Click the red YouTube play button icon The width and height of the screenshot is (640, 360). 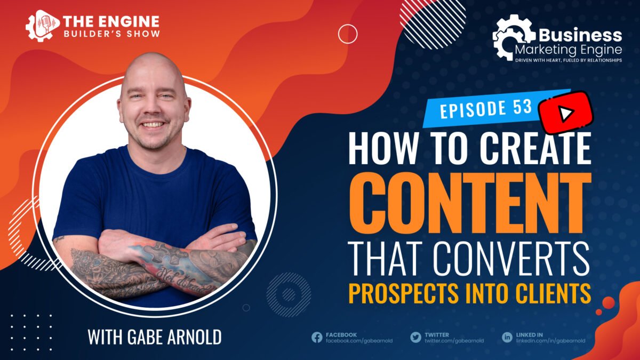[x=566, y=113]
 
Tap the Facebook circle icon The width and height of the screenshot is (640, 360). [x=317, y=338]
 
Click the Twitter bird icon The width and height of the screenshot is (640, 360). [x=415, y=338]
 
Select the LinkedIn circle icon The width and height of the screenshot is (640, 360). [x=507, y=338]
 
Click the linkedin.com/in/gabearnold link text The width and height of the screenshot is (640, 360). [x=550, y=341]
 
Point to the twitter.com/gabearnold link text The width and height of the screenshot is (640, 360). [x=454, y=341]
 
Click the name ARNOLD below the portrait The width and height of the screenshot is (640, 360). [x=194, y=337]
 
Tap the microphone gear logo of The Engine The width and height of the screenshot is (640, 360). [x=42, y=26]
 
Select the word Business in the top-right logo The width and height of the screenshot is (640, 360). [x=580, y=35]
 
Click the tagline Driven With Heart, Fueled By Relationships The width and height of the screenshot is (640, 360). [x=569, y=60]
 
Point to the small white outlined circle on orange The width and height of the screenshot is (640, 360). [x=348, y=34]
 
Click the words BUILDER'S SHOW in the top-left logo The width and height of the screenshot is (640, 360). [x=111, y=34]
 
